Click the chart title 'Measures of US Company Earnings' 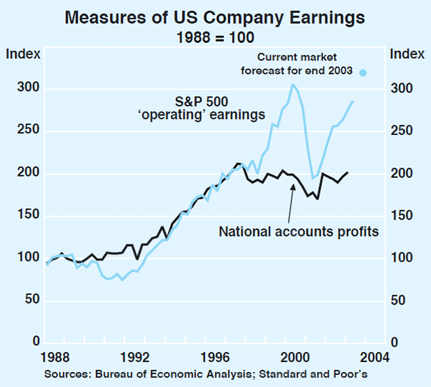215,17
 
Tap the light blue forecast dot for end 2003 363,72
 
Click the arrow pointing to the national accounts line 289,208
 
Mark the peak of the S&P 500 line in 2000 293,85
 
